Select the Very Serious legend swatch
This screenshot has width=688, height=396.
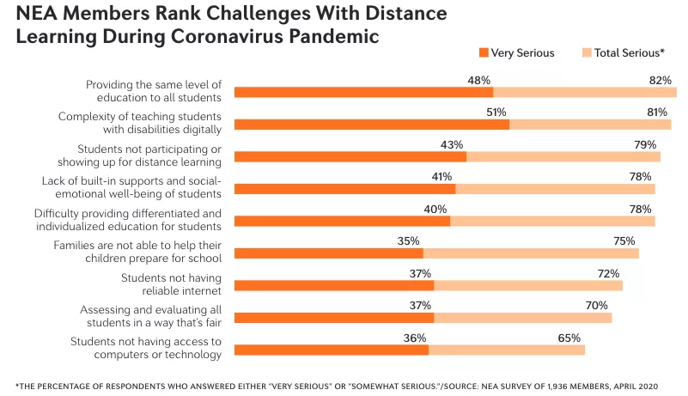pyautogui.click(x=484, y=53)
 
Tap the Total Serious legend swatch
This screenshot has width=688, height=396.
pyautogui.click(x=588, y=53)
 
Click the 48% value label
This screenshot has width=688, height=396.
pyautogui.click(x=478, y=80)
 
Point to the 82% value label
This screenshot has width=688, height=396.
pyautogui.click(x=661, y=80)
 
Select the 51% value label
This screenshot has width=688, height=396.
pyautogui.click(x=496, y=113)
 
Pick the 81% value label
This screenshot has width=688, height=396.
pyautogui.click(x=657, y=113)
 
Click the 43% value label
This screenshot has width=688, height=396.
pyautogui.click(x=452, y=144)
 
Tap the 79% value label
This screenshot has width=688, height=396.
pyautogui.click(x=645, y=144)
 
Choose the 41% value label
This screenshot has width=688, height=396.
pyautogui.click(x=441, y=177)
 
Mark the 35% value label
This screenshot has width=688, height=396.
pyautogui.click(x=408, y=241)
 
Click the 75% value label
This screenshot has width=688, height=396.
pyautogui.click(x=624, y=241)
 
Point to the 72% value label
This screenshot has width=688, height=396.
pyautogui.click(x=609, y=273)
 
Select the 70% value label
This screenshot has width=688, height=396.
pyautogui.click(x=597, y=306)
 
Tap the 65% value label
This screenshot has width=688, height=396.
pyautogui.click(x=569, y=338)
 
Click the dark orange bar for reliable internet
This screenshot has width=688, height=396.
pyautogui.click(x=334, y=285)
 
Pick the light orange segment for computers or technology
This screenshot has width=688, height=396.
pyautogui.click(x=507, y=350)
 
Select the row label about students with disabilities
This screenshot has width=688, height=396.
pyautogui.click(x=140, y=122)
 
